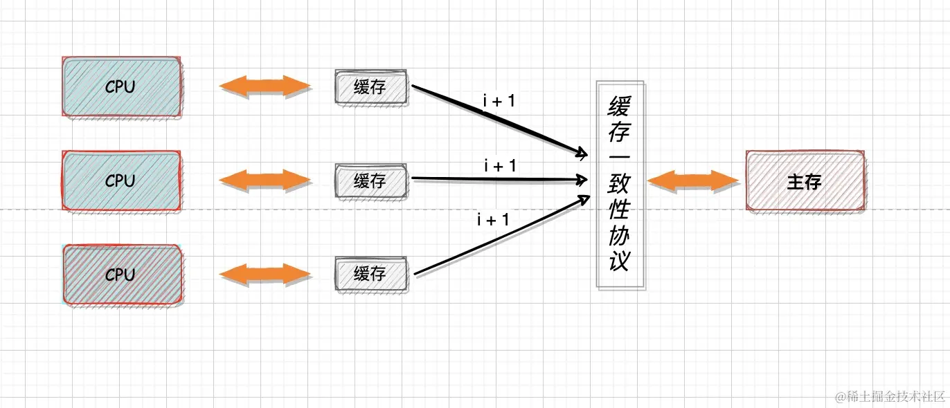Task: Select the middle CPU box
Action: (x=122, y=180)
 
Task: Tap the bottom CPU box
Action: (x=122, y=275)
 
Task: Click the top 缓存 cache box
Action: (x=370, y=87)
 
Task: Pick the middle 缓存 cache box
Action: (x=370, y=181)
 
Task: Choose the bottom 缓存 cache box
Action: (x=370, y=274)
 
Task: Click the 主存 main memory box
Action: (x=805, y=181)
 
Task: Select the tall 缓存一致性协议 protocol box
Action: (x=620, y=184)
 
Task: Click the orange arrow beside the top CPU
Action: (x=265, y=86)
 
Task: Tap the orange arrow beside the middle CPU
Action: (x=265, y=180)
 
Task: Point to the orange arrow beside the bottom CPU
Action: (x=265, y=275)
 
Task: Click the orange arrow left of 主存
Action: (x=693, y=181)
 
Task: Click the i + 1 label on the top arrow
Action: (x=499, y=101)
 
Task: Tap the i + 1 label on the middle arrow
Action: (x=500, y=165)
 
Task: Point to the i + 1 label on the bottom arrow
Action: (x=493, y=220)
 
